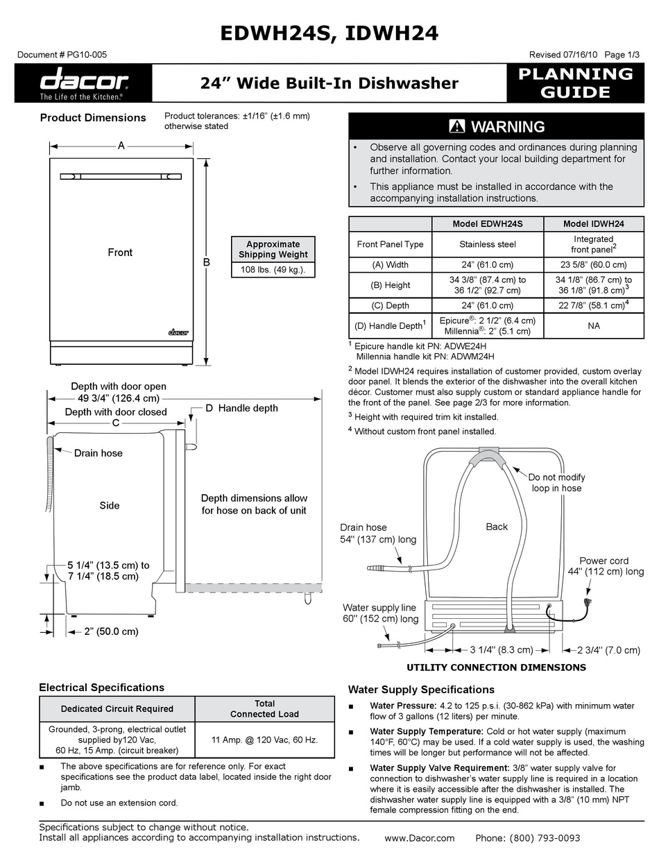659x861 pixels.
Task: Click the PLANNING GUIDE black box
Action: [x=576, y=83]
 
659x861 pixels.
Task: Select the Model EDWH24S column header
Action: [x=487, y=224]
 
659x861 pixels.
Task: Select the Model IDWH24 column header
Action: [x=593, y=224]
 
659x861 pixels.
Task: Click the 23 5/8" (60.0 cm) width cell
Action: [x=593, y=264]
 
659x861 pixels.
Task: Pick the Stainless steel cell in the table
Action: [x=487, y=244]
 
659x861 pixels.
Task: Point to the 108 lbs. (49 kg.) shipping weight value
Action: [x=273, y=270]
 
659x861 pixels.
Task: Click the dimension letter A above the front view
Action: [x=121, y=146]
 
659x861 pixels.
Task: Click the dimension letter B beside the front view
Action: [x=206, y=262]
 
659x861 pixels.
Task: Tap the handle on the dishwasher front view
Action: [x=121, y=177]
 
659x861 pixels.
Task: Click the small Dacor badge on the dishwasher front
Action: [x=178, y=332]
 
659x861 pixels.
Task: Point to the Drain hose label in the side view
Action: [x=98, y=453]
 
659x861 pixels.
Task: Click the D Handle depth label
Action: [x=241, y=408]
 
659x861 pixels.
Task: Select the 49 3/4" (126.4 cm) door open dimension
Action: [x=119, y=398]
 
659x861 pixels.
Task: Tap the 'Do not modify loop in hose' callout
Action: [x=556, y=482]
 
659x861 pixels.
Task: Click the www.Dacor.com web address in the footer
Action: [x=419, y=838]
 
